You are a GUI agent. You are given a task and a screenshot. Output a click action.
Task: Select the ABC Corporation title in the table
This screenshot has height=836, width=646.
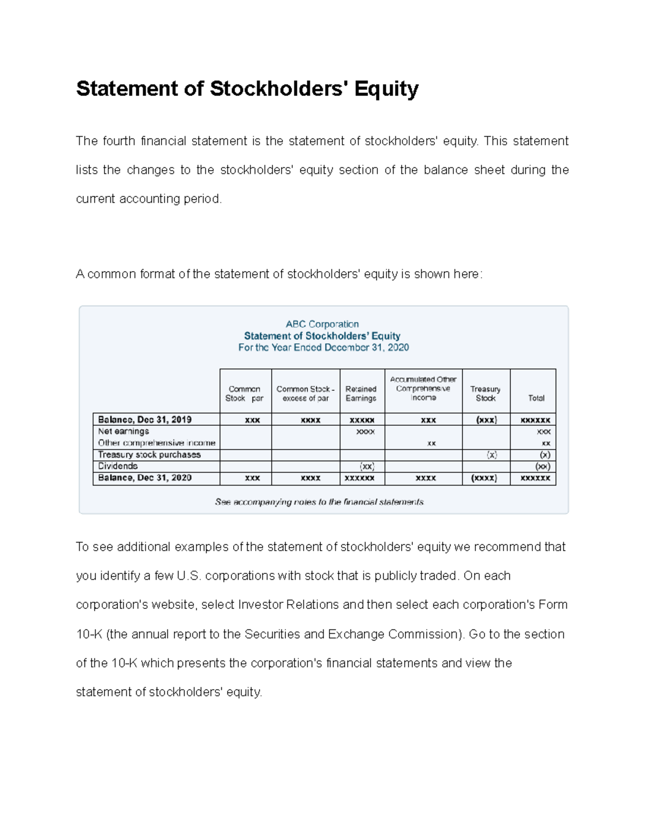tap(322, 324)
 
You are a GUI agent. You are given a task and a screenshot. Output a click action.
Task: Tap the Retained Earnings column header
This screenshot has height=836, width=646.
tap(361, 394)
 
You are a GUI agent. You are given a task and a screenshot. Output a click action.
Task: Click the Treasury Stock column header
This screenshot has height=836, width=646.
tap(485, 394)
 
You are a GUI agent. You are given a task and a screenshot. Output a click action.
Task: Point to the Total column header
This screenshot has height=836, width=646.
tap(536, 398)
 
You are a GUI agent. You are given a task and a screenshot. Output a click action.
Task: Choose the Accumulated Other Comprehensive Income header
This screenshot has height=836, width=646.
tap(423, 389)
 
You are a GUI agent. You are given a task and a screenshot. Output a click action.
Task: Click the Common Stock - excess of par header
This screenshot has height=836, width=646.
tap(305, 394)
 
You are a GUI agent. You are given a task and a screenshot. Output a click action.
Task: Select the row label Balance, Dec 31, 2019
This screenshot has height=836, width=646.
tap(145, 420)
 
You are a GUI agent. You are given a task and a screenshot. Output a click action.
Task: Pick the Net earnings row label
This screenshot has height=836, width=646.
tap(123, 432)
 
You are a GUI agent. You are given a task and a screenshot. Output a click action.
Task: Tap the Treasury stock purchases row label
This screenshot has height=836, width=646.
tap(149, 455)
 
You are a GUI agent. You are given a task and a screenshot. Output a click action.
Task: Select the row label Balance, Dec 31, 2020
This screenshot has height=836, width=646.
tap(145, 478)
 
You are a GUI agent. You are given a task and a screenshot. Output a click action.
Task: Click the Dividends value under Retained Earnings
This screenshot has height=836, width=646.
tap(367, 466)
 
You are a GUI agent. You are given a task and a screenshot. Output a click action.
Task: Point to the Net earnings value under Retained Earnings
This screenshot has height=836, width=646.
tap(366, 432)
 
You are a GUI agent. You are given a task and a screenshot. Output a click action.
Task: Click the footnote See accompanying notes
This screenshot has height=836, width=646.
tap(319, 502)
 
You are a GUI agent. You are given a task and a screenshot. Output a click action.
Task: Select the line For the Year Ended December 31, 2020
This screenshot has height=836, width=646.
tap(324, 348)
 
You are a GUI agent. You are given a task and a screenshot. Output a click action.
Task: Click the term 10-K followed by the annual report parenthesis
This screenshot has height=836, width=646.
tap(89, 634)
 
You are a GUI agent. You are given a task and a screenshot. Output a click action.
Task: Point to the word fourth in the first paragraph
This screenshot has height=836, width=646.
tap(119, 141)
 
